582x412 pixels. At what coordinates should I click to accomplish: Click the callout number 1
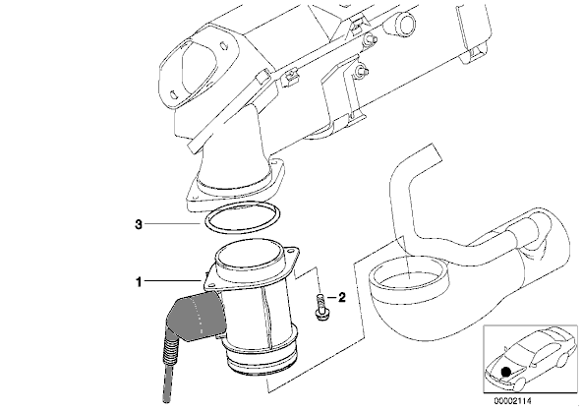139,282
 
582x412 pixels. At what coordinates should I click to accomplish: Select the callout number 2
341,297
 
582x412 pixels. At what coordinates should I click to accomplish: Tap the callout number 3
138,224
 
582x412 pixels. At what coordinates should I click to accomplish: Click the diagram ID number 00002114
512,401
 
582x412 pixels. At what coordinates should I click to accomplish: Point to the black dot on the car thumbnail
505,371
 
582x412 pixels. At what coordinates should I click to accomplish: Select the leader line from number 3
173,224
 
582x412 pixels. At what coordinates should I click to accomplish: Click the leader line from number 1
173,281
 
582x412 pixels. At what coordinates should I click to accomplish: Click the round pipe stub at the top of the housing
406,22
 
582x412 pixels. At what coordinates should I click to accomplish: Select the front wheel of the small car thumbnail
517,384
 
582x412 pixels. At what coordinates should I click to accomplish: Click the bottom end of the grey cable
167,400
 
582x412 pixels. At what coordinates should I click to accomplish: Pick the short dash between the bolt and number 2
331,297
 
